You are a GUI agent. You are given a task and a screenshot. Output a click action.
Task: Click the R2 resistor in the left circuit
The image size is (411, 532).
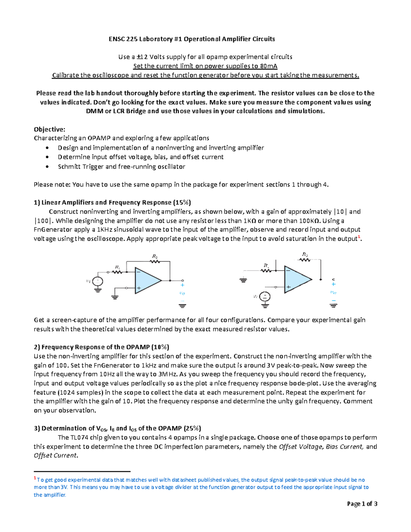[x=155, y=261]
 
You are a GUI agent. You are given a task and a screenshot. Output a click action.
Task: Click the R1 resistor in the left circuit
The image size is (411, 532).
[x=117, y=272]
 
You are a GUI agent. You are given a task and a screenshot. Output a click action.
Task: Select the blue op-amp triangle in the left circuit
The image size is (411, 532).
[x=147, y=280]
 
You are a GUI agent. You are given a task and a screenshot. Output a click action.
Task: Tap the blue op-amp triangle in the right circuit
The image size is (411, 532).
[x=296, y=280]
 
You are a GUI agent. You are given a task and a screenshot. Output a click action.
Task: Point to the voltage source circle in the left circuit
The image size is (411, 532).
[x=98, y=281]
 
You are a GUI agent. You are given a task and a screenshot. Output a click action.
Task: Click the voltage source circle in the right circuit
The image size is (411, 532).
[x=265, y=297]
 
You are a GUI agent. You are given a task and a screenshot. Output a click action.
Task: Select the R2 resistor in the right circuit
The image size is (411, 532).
[x=305, y=260]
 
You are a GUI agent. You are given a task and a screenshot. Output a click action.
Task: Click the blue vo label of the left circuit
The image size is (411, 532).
[x=182, y=293]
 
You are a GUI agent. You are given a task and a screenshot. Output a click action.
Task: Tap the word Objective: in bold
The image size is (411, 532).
[x=49, y=129]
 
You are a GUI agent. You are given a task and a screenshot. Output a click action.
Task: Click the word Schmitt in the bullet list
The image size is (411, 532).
[x=69, y=167]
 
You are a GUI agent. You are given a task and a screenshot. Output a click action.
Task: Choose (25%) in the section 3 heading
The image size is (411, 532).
[x=192, y=428]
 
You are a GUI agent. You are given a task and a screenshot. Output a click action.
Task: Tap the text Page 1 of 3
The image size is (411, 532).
[x=362, y=504]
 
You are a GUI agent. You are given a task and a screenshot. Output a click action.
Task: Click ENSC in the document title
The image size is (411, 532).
[x=116, y=39]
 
